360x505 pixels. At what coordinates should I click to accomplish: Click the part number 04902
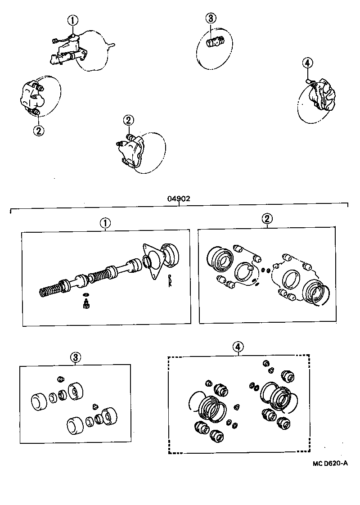tap(179, 198)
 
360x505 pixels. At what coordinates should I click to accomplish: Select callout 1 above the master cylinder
tap(73, 20)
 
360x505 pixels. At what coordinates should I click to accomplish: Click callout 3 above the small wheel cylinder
tap(211, 18)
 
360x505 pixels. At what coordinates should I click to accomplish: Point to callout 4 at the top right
tap(307, 63)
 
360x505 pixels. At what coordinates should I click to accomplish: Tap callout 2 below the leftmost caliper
tap(38, 131)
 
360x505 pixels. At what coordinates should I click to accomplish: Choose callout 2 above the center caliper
tap(128, 120)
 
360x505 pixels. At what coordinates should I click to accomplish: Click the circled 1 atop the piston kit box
tap(105, 222)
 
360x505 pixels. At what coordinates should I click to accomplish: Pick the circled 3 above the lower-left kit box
tap(75, 357)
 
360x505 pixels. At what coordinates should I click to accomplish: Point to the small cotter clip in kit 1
tap(170, 281)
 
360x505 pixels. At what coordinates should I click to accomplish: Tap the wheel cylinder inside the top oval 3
tap(214, 43)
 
